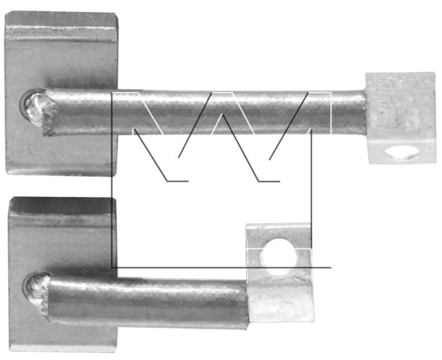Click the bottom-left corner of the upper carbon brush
pos(7,174)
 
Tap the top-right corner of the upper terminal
pos(434,73)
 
